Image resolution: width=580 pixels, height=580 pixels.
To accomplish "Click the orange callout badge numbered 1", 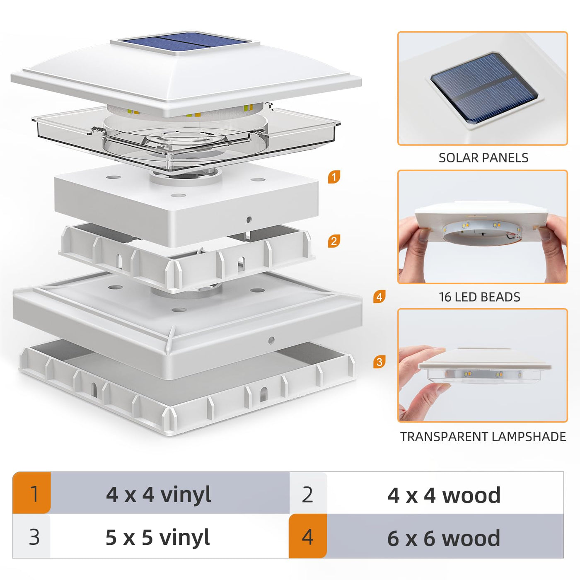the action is click(x=334, y=177).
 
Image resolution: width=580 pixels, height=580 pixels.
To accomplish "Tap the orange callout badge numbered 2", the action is click(x=334, y=241).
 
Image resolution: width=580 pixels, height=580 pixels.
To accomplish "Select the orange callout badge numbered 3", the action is click(x=379, y=362).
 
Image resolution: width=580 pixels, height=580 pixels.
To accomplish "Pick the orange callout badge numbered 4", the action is click(x=379, y=297).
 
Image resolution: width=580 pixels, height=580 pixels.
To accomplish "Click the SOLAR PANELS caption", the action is click(x=483, y=158).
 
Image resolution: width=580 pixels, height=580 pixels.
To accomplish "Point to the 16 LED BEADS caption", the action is click(x=479, y=297).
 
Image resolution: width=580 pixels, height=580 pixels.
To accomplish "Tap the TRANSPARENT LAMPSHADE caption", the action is click(x=483, y=437).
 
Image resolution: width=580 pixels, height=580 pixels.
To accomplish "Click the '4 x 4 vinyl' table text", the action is click(x=158, y=495).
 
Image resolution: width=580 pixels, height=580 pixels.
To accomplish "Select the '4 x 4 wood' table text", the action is click(x=444, y=495).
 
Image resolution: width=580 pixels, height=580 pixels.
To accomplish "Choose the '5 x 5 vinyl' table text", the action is click(x=158, y=538).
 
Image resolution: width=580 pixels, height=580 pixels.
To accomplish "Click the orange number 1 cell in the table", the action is click(x=31, y=493).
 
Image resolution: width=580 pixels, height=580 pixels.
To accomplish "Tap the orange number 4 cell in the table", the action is click(x=308, y=536).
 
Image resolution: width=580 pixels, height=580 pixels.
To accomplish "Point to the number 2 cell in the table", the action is click(x=308, y=493).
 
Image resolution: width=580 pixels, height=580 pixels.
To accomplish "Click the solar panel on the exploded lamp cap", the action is click(x=184, y=42).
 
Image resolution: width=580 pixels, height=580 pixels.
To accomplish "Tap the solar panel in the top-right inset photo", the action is click(x=485, y=88).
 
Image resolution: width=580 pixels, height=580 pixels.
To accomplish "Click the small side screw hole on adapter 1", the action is click(x=249, y=220).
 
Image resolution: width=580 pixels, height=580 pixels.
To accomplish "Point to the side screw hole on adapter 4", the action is click(x=271, y=340).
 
